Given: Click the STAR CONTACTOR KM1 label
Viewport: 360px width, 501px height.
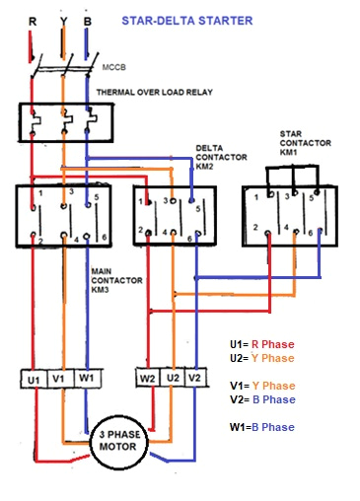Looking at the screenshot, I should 301,143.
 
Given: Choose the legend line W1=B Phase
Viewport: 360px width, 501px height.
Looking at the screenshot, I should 261,427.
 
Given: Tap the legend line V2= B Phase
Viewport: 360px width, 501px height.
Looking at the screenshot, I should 261,399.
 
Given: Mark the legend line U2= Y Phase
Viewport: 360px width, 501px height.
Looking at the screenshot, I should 261,358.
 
